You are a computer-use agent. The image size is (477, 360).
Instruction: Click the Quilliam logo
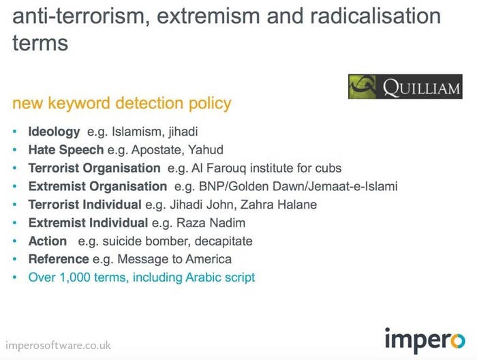point(405,87)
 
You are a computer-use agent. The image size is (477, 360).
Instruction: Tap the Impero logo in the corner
point(425,340)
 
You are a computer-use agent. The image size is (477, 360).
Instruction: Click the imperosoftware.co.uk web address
point(58,346)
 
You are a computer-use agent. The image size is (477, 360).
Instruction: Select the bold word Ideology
point(54,132)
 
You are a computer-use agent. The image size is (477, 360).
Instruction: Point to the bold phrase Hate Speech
point(66,150)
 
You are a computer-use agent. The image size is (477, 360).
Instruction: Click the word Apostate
point(156,150)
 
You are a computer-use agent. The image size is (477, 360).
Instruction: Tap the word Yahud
point(206,150)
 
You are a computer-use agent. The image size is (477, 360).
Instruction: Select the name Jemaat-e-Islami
point(353,186)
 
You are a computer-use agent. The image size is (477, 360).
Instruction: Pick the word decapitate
point(224,241)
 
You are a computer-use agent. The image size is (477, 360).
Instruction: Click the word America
point(209,259)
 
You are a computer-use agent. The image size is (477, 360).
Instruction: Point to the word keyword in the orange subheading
point(79,104)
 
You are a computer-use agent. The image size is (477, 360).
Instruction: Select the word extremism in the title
point(209,16)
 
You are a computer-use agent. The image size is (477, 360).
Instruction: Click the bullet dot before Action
point(14,241)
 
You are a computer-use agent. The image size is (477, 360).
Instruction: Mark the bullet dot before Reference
point(14,259)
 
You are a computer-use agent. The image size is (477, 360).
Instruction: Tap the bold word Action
point(48,241)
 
